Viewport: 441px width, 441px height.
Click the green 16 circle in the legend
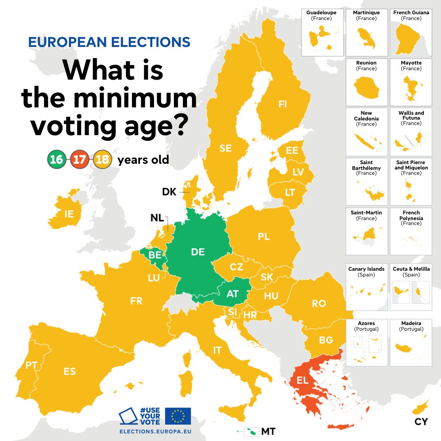coord(56,159)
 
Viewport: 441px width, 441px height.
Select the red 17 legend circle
coord(79,159)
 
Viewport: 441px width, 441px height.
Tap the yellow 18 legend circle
coord(102,159)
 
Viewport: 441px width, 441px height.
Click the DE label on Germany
coord(198,252)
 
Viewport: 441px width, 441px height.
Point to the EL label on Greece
coord(303,381)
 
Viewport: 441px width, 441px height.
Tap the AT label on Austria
coord(232,294)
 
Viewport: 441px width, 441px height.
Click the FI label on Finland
coord(283,105)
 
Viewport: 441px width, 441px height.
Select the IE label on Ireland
coord(69,213)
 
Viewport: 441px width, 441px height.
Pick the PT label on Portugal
coord(31,365)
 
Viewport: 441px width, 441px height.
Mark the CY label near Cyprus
coord(421,422)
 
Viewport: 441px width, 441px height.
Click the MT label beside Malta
coord(268,431)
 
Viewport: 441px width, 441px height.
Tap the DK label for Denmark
coord(169,192)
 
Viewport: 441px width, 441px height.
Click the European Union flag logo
coord(178,416)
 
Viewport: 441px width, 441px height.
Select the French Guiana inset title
coord(411,13)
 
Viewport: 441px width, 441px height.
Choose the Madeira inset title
coord(411,323)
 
